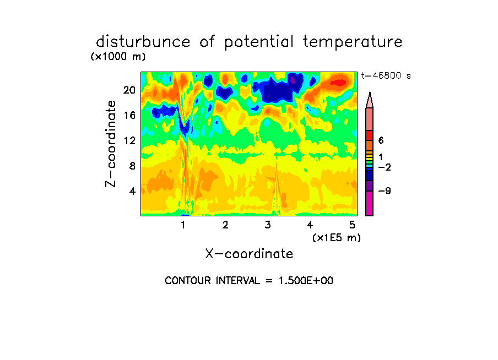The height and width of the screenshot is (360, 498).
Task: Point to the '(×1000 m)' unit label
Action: pyautogui.click(x=117, y=57)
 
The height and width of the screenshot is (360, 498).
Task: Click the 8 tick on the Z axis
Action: pyautogui.click(x=131, y=166)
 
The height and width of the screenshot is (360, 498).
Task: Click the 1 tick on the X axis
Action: pyautogui.click(x=183, y=225)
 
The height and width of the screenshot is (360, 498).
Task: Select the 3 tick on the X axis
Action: pyautogui.click(x=268, y=225)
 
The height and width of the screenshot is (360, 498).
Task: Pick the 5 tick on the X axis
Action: pyautogui.click(x=352, y=225)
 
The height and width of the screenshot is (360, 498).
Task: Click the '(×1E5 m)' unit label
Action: pyautogui.click(x=336, y=238)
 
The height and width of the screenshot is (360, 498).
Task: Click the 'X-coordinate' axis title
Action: pyautogui.click(x=249, y=254)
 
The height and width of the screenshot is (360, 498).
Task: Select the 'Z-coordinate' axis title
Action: pyautogui.click(x=111, y=144)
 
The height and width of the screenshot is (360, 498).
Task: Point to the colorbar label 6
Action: pyautogui.click(x=381, y=141)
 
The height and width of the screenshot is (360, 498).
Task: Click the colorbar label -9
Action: pyautogui.click(x=385, y=191)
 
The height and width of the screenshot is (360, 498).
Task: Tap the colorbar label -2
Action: pyautogui.click(x=385, y=167)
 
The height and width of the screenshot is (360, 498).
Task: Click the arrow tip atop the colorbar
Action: pyautogui.click(x=370, y=95)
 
